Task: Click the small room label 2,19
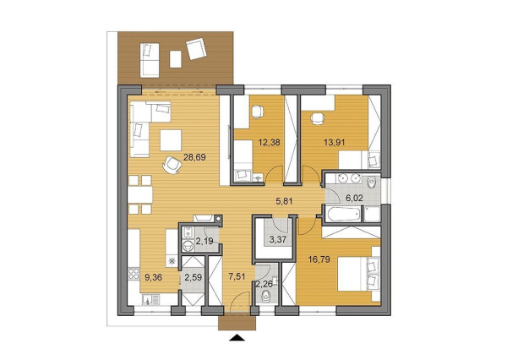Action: coord(204,243)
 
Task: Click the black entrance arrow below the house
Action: coord(237,339)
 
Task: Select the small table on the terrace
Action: coord(175,58)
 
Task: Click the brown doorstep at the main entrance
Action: coord(237,322)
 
